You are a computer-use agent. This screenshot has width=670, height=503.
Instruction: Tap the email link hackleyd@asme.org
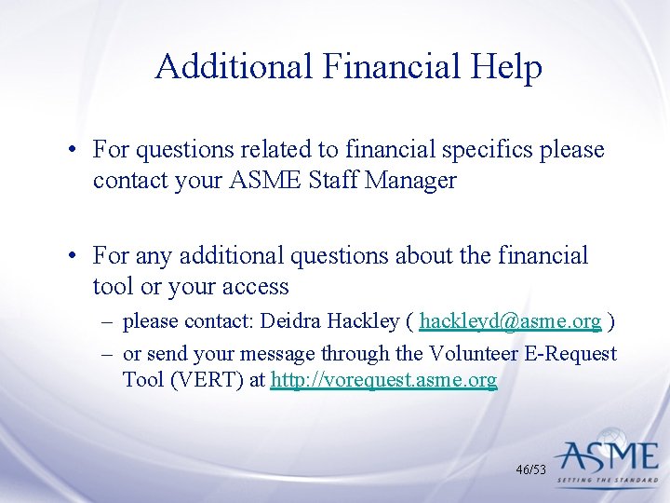[x=510, y=321]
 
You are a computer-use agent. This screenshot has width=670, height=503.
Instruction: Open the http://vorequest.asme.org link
[x=383, y=380]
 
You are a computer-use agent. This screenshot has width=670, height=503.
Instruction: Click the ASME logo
[x=607, y=455]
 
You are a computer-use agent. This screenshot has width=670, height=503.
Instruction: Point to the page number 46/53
[x=530, y=470]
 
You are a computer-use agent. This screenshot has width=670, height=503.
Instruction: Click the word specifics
[x=485, y=150]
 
